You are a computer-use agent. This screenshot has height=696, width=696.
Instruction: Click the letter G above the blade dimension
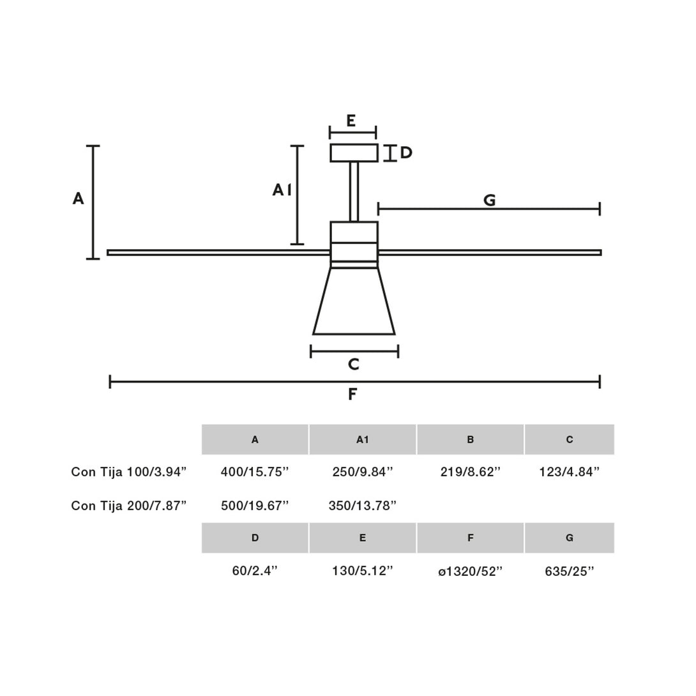[x=489, y=200]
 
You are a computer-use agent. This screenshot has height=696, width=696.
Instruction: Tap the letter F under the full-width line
[x=352, y=394]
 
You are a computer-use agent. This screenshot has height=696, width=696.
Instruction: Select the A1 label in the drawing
[x=282, y=190]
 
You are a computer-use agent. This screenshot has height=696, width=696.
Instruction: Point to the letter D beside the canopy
[x=406, y=153]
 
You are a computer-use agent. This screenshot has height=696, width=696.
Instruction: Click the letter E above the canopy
[x=351, y=120]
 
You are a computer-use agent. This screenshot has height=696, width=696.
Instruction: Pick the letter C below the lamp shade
[x=353, y=365]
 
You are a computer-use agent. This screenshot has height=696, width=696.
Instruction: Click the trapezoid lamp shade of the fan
[x=354, y=301]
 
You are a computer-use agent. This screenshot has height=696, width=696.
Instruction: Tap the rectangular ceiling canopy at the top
[x=354, y=153]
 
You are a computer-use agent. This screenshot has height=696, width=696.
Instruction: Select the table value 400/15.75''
[x=255, y=472]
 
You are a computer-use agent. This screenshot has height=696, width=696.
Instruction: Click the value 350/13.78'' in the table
[x=362, y=506]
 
